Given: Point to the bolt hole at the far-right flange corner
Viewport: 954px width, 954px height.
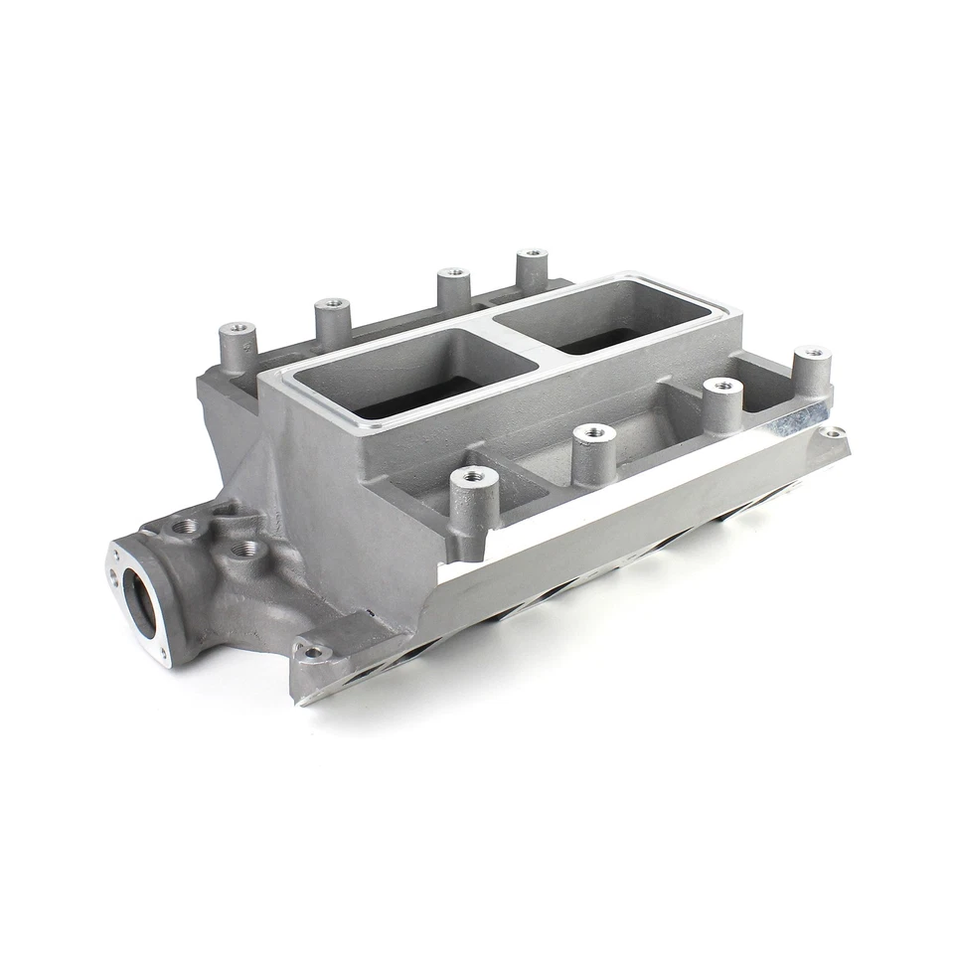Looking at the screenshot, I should (833, 432).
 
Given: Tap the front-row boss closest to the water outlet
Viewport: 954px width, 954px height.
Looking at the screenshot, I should (474, 477).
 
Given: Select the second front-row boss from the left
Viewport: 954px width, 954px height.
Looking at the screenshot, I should (594, 432).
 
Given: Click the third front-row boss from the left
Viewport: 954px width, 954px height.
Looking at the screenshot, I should (722, 385).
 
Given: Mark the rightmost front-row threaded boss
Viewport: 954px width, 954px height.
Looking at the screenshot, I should (812, 353).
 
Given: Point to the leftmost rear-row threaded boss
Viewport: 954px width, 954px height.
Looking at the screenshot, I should (238, 329).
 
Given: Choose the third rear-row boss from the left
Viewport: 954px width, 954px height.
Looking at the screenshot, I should (453, 272).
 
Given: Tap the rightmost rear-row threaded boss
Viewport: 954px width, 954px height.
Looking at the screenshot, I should (533, 255).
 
